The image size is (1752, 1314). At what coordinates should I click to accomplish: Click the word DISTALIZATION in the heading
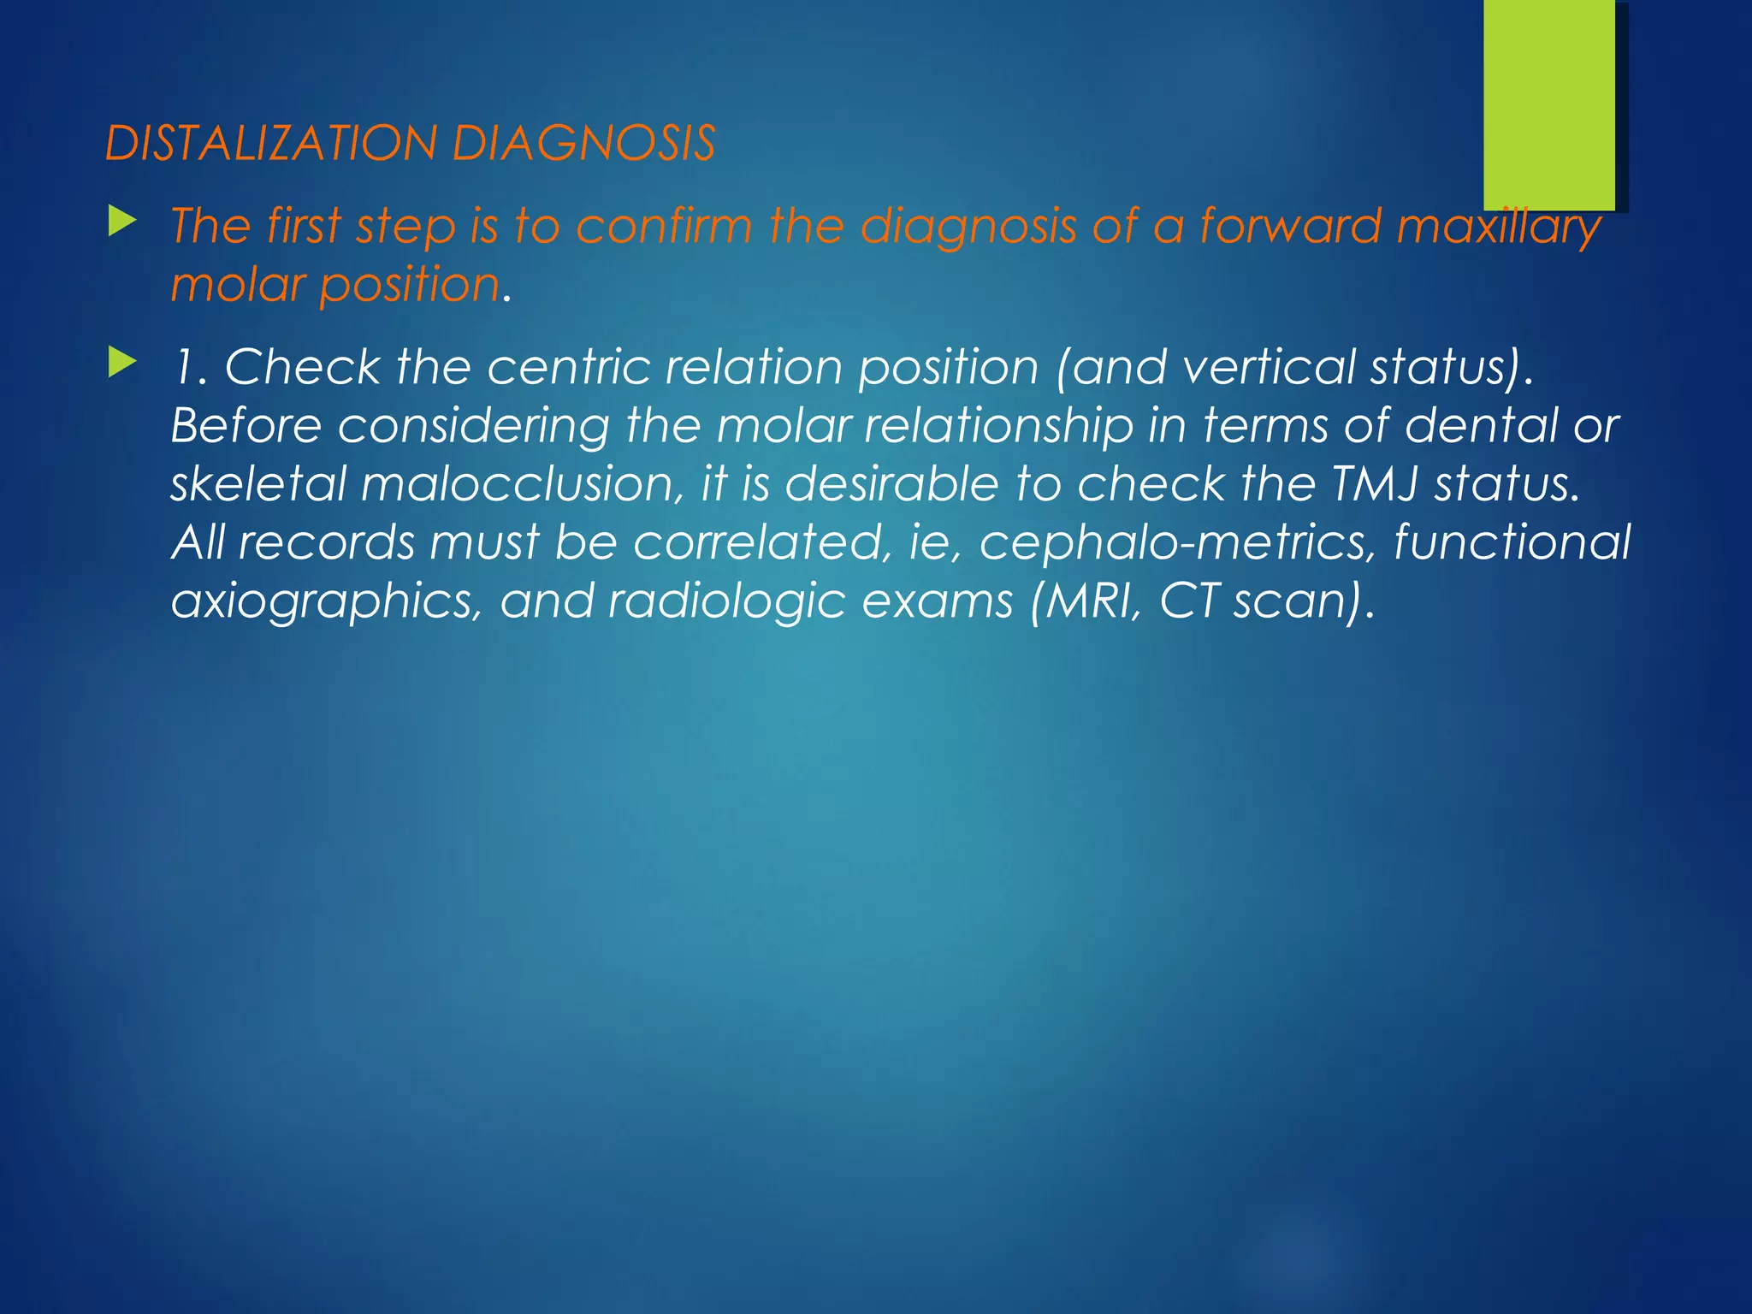[270, 143]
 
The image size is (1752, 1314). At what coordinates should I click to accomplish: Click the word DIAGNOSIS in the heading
[583, 143]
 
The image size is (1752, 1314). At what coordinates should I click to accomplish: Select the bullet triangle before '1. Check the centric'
[122, 364]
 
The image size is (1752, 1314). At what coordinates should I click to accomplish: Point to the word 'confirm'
[664, 227]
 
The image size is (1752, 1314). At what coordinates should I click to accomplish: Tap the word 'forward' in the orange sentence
[1290, 227]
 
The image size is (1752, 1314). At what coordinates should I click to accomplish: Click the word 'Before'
[246, 425]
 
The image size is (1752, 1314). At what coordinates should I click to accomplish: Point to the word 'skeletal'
[257, 483]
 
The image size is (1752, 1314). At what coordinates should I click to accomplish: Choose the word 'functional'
[1512, 542]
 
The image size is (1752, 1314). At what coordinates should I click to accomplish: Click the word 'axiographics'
[322, 601]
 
